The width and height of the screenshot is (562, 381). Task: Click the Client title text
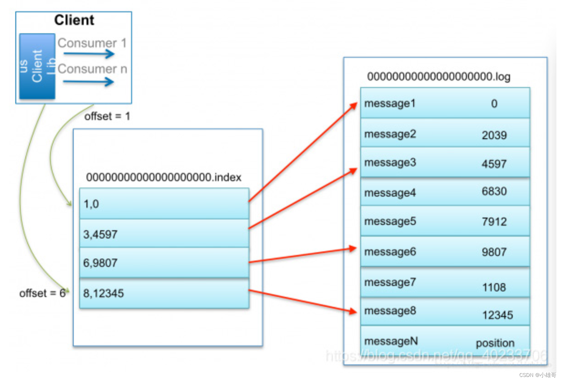click(74, 20)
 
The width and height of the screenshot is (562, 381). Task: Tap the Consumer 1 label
click(92, 43)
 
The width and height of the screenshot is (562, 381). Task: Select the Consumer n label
click(92, 69)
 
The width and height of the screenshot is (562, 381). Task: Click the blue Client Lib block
click(37, 66)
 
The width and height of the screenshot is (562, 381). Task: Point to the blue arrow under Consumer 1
click(89, 54)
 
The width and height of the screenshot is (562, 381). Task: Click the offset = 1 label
click(107, 116)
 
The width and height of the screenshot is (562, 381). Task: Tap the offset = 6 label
click(42, 293)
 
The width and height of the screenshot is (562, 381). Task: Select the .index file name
click(163, 177)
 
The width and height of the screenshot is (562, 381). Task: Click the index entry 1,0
click(91, 204)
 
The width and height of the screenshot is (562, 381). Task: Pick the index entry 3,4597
click(100, 234)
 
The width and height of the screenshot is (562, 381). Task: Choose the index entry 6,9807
click(100, 263)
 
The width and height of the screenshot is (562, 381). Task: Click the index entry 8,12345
click(103, 293)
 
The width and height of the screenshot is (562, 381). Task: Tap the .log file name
click(439, 77)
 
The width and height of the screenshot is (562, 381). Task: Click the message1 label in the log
click(390, 103)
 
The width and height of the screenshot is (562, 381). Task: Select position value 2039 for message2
click(494, 135)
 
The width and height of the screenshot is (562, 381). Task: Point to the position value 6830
click(494, 191)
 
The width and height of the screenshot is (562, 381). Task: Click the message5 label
click(390, 221)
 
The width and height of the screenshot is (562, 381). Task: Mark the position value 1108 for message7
click(494, 287)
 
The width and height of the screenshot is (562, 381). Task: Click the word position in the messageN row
click(495, 343)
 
